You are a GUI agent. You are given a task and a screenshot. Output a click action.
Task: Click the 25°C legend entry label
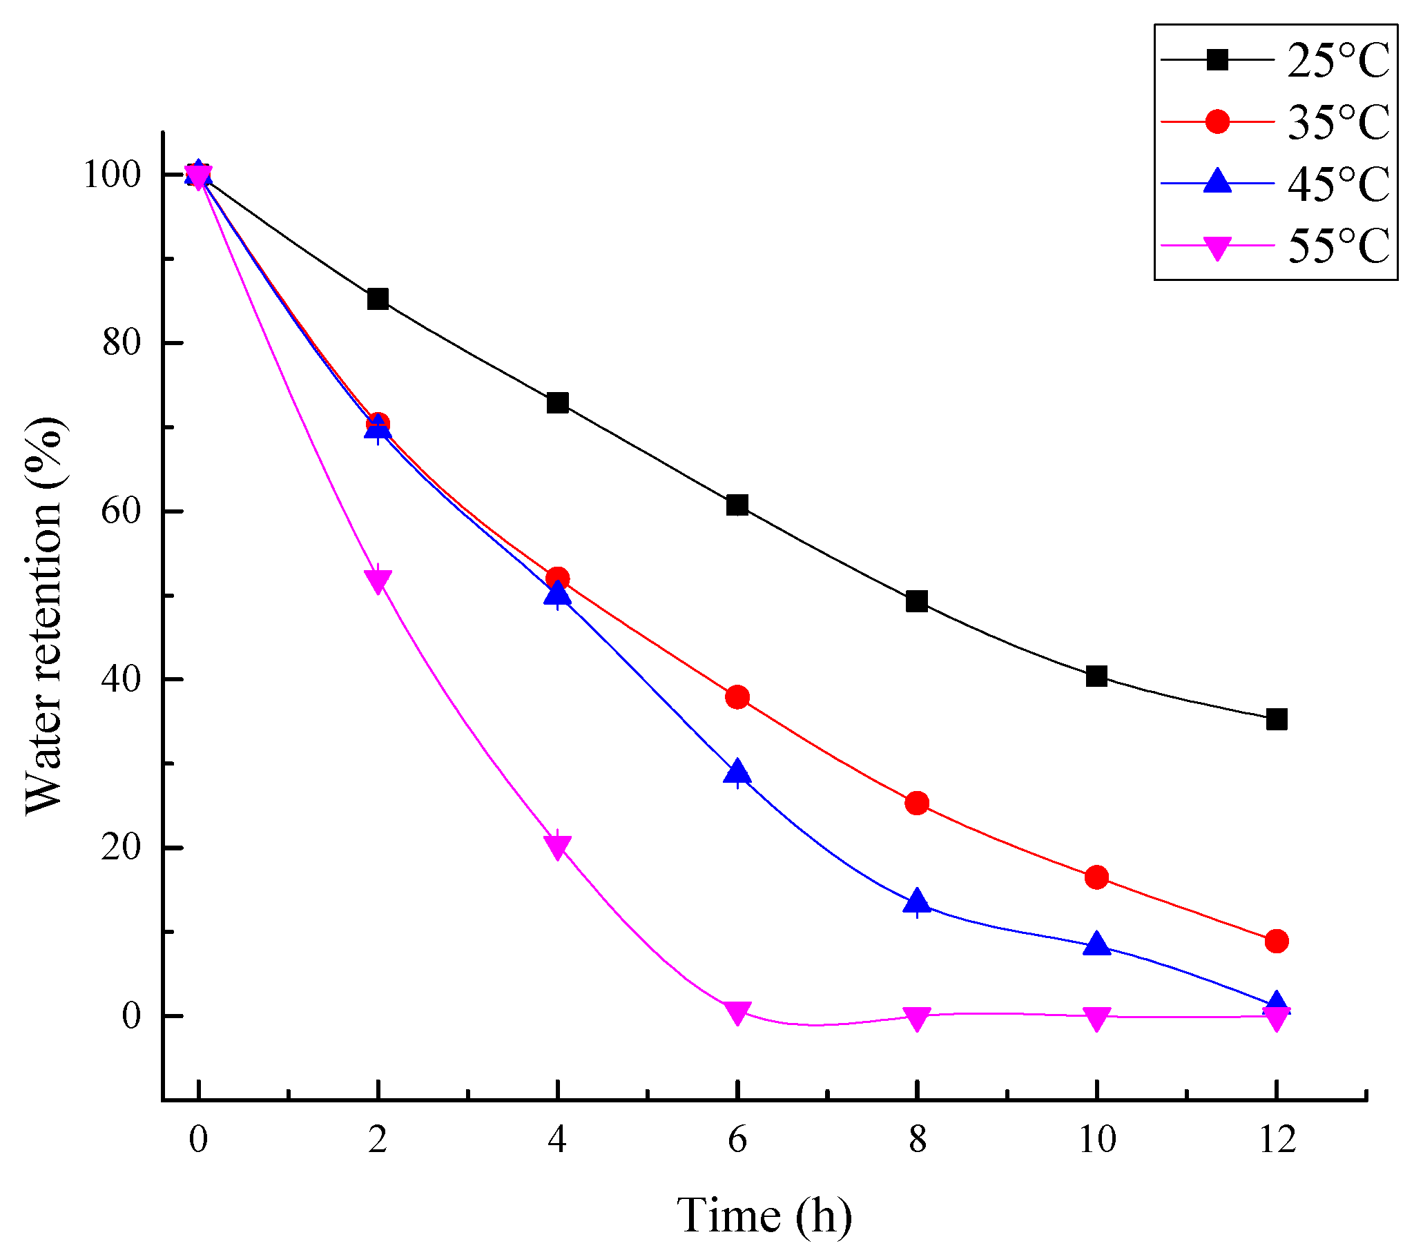click(x=1338, y=61)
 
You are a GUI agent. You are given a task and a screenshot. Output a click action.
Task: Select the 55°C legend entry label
click(x=1338, y=246)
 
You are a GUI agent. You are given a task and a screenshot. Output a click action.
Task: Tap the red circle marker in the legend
click(x=1217, y=121)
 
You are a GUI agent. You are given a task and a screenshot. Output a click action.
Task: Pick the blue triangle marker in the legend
click(x=1217, y=182)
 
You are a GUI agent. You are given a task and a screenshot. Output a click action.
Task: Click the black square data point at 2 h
click(x=378, y=299)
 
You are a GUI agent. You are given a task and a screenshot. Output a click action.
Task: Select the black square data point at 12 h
click(x=1277, y=719)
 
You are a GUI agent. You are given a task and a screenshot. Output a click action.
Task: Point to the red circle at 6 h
click(x=737, y=696)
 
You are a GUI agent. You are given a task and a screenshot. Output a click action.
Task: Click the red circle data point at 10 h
click(x=1096, y=877)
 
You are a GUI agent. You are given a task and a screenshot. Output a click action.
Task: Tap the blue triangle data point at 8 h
click(x=917, y=901)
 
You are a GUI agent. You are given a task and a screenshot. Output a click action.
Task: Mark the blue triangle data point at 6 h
click(x=737, y=771)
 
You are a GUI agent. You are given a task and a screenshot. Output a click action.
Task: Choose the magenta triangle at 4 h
click(x=558, y=846)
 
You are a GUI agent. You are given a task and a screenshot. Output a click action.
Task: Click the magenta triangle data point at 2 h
click(x=378, y=580)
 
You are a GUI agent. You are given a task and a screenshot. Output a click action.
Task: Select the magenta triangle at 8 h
click(x=917, y=1017)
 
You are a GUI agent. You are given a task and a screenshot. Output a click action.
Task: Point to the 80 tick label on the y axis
click(x=122, y=342)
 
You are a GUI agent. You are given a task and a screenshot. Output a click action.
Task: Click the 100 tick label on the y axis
click(x=112, y=175)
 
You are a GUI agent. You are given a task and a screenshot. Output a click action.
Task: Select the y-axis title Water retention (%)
click(x=43, y=616)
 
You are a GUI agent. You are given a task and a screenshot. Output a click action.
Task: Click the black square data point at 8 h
click(x=917, y=601)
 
